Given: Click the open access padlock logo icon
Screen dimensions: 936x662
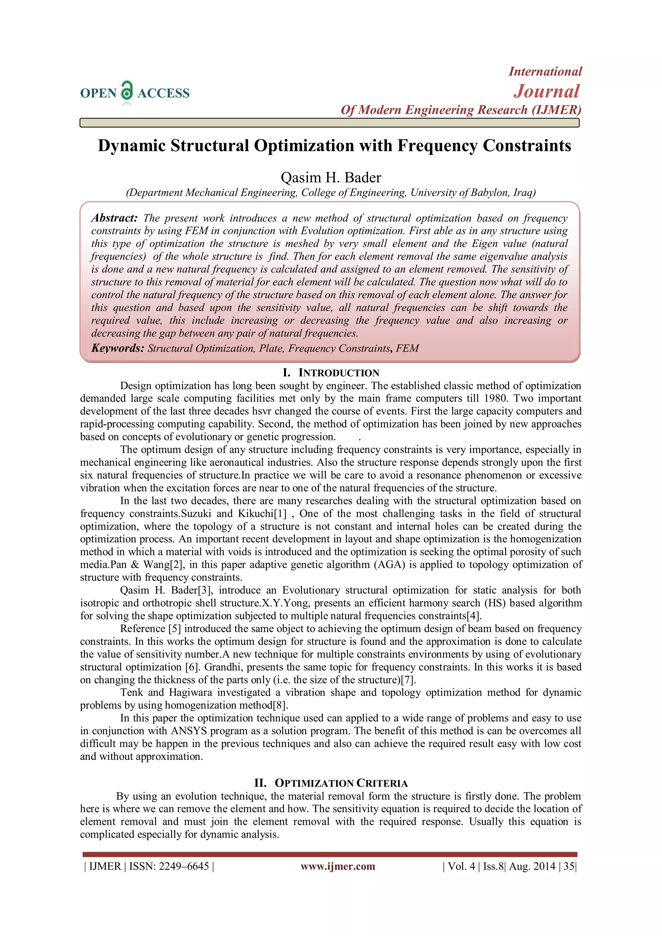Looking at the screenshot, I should [127, 90].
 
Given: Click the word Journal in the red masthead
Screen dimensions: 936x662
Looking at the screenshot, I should [546, 91].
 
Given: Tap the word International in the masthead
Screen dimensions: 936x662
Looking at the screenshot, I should [545, 71].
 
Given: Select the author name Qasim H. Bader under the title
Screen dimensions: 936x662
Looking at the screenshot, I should [331, 178].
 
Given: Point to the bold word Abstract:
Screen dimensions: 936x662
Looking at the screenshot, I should [114, 218].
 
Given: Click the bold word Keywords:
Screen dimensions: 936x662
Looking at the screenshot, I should [117, 348].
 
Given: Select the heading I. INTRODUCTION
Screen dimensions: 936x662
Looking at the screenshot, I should [331, 373].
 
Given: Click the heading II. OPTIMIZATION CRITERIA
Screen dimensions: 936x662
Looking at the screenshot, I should [331, 783].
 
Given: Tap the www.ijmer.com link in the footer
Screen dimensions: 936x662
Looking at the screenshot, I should [337, 866].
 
